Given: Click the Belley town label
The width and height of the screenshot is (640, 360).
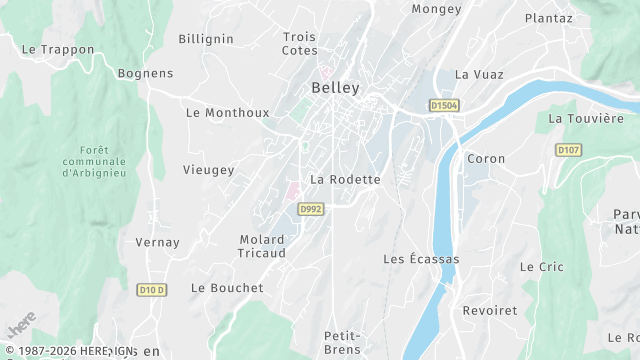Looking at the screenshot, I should coord(335,88).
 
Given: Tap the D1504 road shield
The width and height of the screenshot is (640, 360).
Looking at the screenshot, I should coord(443,105).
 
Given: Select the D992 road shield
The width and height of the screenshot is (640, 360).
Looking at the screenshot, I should coord(310,209).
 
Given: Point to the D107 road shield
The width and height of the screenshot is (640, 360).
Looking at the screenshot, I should coord(568,150).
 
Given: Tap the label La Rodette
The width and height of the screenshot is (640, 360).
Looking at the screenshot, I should coord(346,179).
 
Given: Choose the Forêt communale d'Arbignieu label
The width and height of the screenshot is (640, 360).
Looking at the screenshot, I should coord(94,161).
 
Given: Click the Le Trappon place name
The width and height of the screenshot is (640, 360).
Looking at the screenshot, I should coord(57,49).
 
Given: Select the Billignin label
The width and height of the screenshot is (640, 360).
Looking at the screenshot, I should coord(206,39).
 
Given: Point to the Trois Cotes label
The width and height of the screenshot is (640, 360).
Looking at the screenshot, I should coord(299,43).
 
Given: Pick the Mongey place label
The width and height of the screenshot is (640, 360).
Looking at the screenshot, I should coord(437,9).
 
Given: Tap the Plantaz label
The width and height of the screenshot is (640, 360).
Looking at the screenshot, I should coord(549,18).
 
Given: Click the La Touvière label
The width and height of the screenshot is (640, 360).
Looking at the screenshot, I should coord(586,118).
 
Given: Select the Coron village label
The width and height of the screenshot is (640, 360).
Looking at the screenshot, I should coord(486,159).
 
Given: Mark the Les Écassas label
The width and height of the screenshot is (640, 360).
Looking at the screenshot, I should coord(421,259).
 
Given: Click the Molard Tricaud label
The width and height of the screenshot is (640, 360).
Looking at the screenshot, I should coord(263,246).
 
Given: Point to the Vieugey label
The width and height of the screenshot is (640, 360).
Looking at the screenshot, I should coord(208,170).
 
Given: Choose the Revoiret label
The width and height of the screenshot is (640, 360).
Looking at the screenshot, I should coord(490,310).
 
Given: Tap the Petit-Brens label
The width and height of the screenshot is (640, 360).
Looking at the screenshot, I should coord(342,342).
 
